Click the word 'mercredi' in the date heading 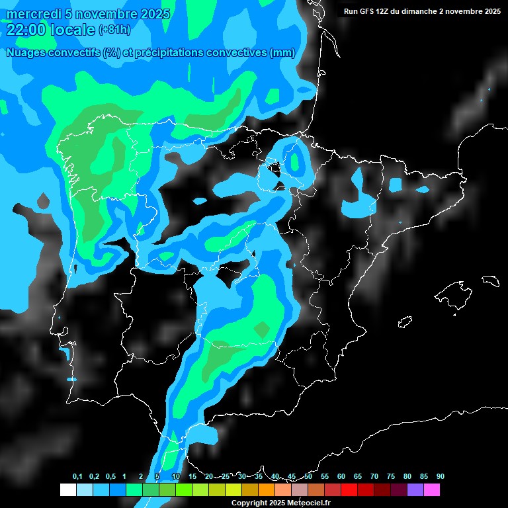(x=30, y=14)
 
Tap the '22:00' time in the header (x=26, y=29)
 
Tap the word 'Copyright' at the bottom (x=249, y=503)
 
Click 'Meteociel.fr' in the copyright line (x=308, y=503)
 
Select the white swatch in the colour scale (x=68, y=490)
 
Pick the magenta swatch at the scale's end (x=432, y=490)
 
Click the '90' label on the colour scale (x=440, y=477)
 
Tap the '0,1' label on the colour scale (x=77, y=477)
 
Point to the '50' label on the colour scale (x=308, y=477)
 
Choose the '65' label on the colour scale (x=358, y=477)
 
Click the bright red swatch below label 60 (x=349, y=490)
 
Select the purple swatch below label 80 (x=415, y=490)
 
